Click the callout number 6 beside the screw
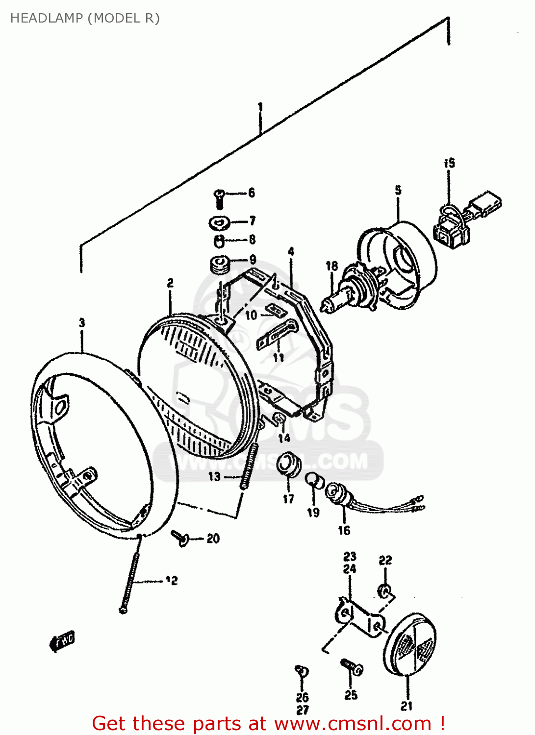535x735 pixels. click(252, 193)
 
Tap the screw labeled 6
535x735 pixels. click(219, 198)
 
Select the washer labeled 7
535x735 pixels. click(219, 223)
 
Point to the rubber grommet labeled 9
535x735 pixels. click(220, 265)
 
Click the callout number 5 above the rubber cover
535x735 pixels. click(398, 190)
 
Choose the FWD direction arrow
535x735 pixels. click(62, 641)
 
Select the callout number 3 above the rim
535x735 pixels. click(82, 323)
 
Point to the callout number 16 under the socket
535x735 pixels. click(344, 530)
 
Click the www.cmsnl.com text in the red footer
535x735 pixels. click(352, 724)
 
